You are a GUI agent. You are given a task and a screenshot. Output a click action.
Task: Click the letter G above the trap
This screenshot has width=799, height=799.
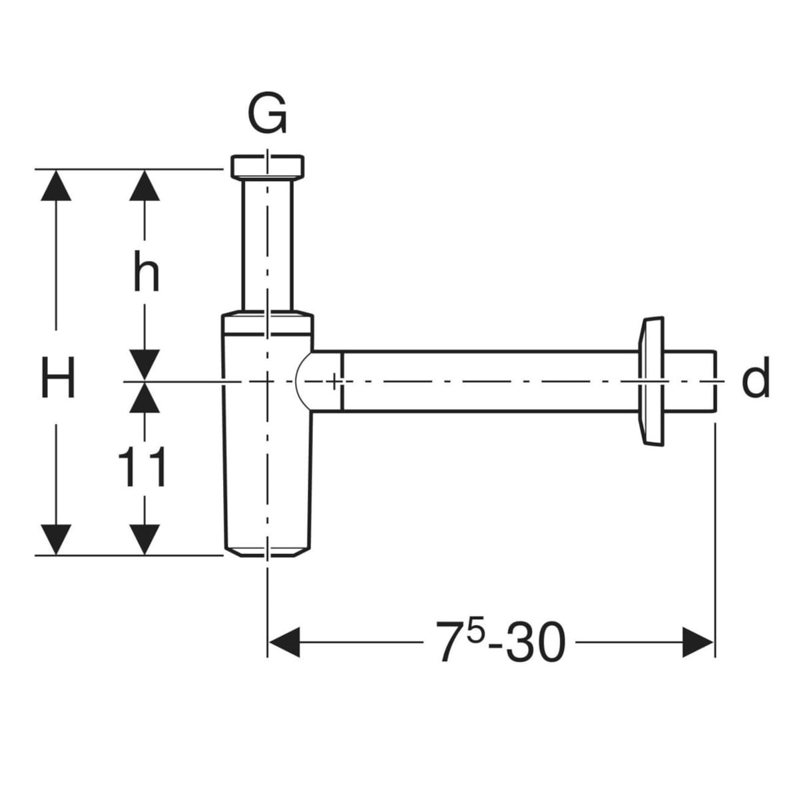[x=268, y=115]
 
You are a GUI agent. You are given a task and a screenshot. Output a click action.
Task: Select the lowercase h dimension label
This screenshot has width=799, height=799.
[x=146, y=274]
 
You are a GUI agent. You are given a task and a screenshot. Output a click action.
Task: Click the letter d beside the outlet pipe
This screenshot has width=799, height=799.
[x=755, y=378]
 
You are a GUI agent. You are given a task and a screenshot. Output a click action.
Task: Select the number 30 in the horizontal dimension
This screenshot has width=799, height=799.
[x=535, y=643]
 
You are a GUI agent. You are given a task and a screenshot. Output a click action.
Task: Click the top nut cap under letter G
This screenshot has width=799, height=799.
[x=268, y=166]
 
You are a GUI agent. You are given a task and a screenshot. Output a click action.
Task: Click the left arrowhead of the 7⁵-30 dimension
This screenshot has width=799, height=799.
[x=283, y=643]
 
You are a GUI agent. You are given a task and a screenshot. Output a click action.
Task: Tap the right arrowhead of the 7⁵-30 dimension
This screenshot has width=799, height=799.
[x=698, y=643]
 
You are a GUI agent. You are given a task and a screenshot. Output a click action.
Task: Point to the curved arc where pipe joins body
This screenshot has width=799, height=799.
[x=301, y=380]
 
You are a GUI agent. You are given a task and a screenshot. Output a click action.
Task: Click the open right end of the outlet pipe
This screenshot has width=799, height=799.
[x=714, y=381]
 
